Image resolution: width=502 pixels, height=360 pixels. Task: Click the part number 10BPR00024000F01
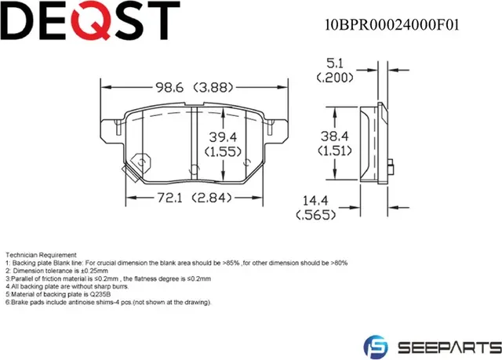[392, 24]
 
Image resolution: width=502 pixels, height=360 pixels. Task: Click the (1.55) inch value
[223, 152]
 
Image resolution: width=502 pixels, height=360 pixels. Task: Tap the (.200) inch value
[333, 78]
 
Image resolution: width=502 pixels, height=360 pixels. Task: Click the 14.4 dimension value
[313, 201]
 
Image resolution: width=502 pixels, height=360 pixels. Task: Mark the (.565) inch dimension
[313, 215]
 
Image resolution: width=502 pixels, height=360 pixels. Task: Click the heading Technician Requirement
[41, 255]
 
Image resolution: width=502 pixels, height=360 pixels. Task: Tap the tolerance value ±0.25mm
[82, 271]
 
